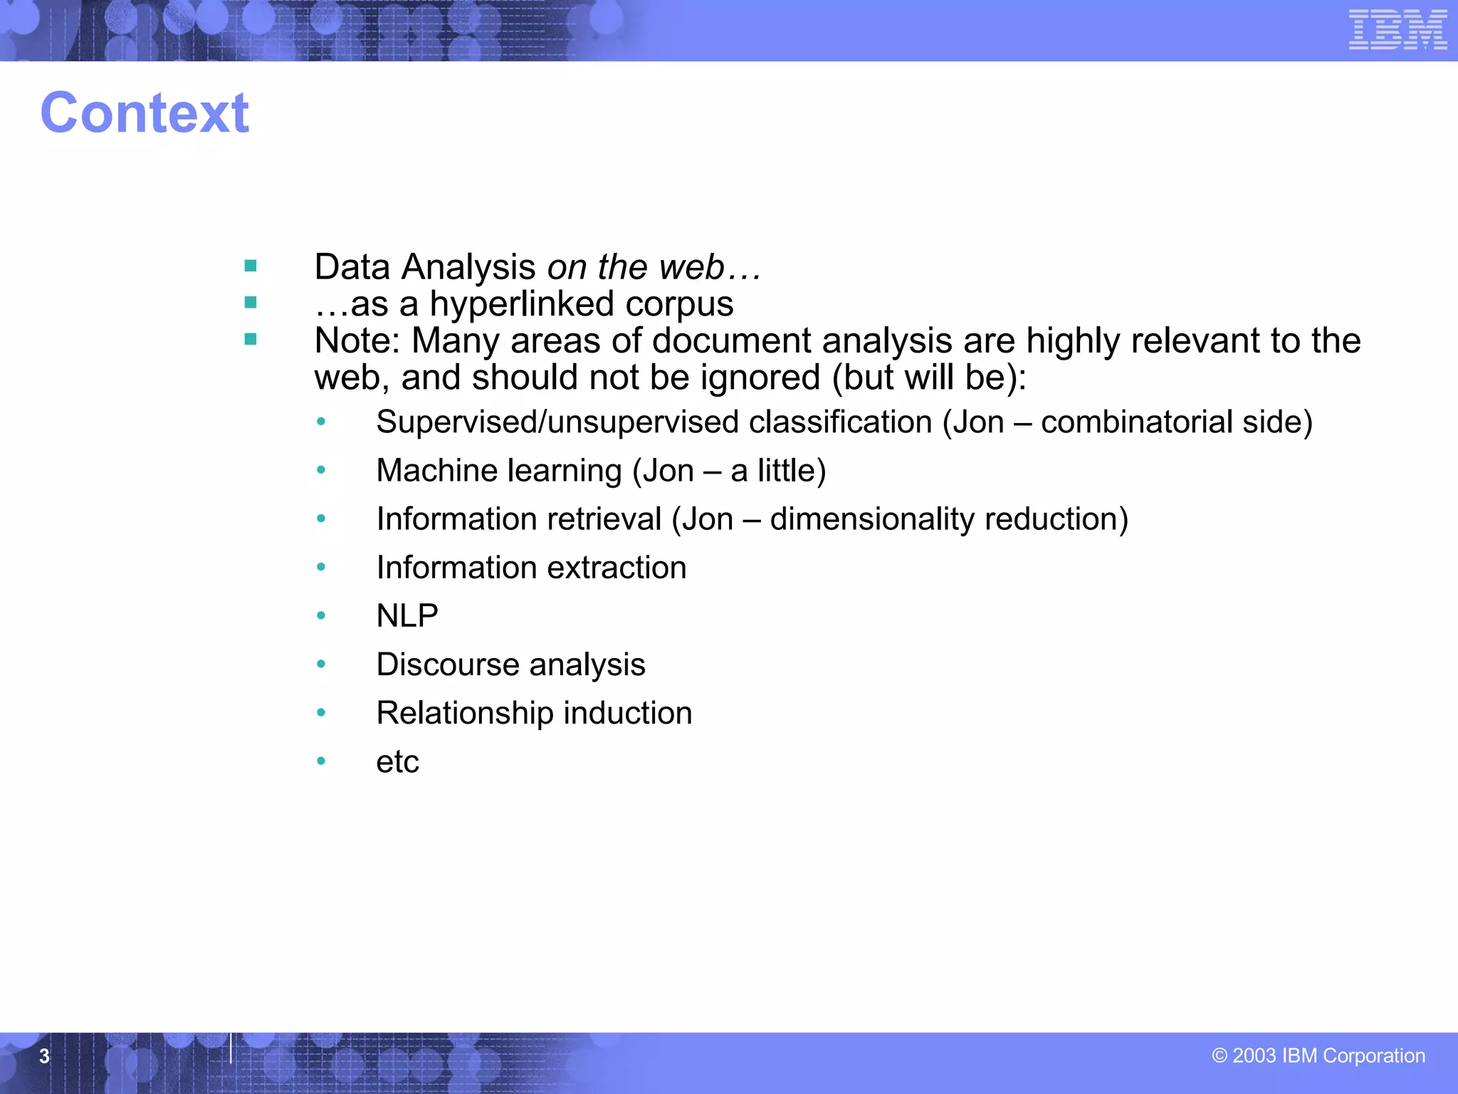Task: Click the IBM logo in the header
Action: (x=1397, y=30)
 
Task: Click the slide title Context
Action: (x=145, y=113)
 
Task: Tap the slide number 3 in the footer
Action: (x=44, y=1056)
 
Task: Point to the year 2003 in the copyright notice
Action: (x=1254, y=1056)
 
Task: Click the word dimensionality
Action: (x=872, y=519)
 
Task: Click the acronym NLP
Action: (x=407, y=616)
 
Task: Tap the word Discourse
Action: (x=447, y=665)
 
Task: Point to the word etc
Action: (x=397, y=762)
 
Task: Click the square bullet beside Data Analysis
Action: (x=251, y=266)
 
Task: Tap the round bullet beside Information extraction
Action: (x=321, y=568)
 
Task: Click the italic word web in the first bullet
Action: (x=691, y=268)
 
